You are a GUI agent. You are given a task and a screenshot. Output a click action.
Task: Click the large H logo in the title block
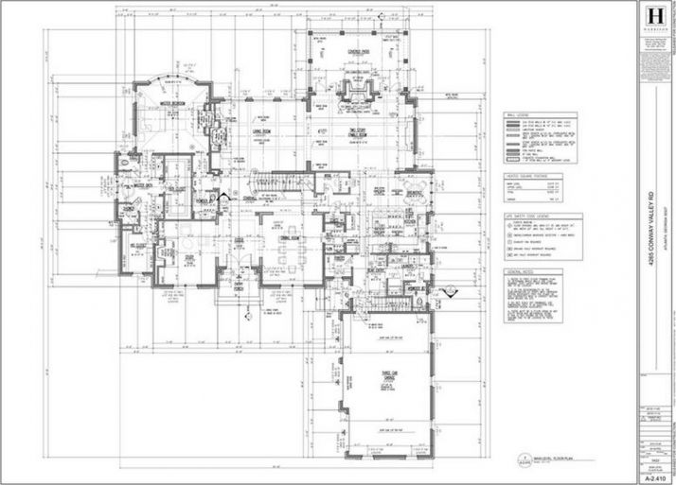(x=652, y=18)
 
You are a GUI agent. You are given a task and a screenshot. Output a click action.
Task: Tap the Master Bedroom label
(x=172, y=104)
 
